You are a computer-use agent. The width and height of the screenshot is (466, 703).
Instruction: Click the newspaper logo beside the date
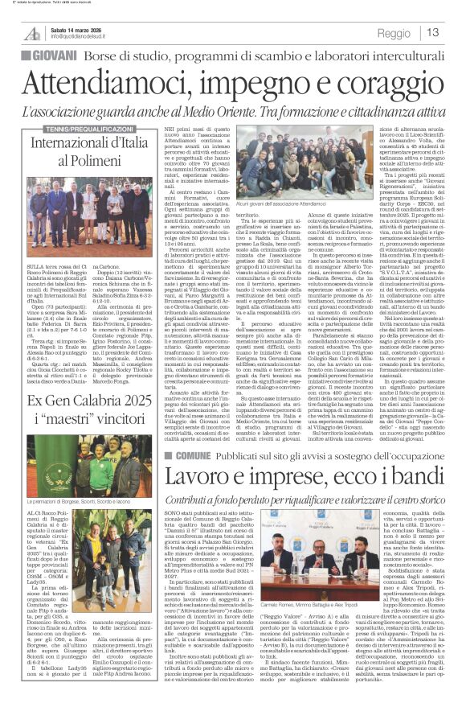click(31, 33)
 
